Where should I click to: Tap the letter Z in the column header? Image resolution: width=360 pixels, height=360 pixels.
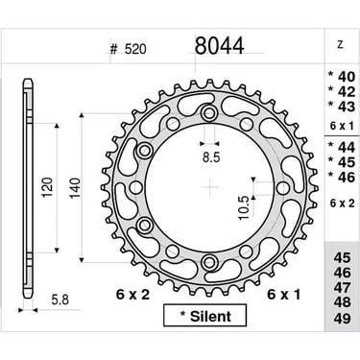pos(340,44)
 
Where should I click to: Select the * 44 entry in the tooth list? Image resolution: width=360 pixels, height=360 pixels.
pos(339,145)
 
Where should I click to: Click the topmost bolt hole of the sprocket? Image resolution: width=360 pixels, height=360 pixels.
pos(208,115)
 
